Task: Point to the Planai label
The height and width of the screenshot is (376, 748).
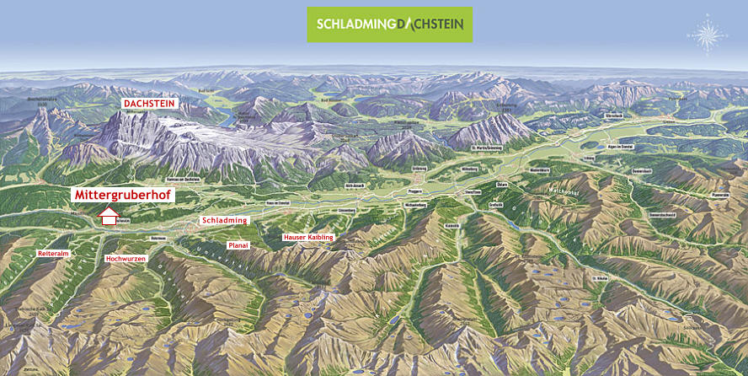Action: [x=238, y=244]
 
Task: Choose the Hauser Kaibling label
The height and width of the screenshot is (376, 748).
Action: [x=308, y=238]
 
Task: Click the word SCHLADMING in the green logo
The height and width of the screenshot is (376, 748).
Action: [x=354, y=24]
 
